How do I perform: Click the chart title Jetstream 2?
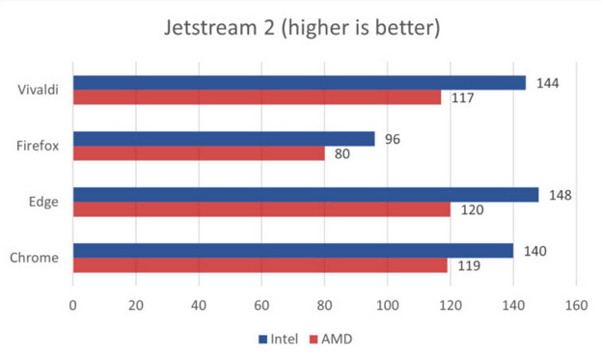(301, 28)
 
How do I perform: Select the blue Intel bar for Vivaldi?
(299, 83)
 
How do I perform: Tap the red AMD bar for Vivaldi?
(257, 97)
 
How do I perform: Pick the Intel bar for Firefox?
(224, 139)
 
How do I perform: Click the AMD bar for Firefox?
(199, 153)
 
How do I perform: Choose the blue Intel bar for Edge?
(306, 195)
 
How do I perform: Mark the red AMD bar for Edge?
(261, 209)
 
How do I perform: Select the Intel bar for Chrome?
(293, 251)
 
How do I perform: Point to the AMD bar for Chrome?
(260, 265)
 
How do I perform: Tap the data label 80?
(342, 153)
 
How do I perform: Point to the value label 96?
(393, 139)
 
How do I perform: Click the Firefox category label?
(40, 146)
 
